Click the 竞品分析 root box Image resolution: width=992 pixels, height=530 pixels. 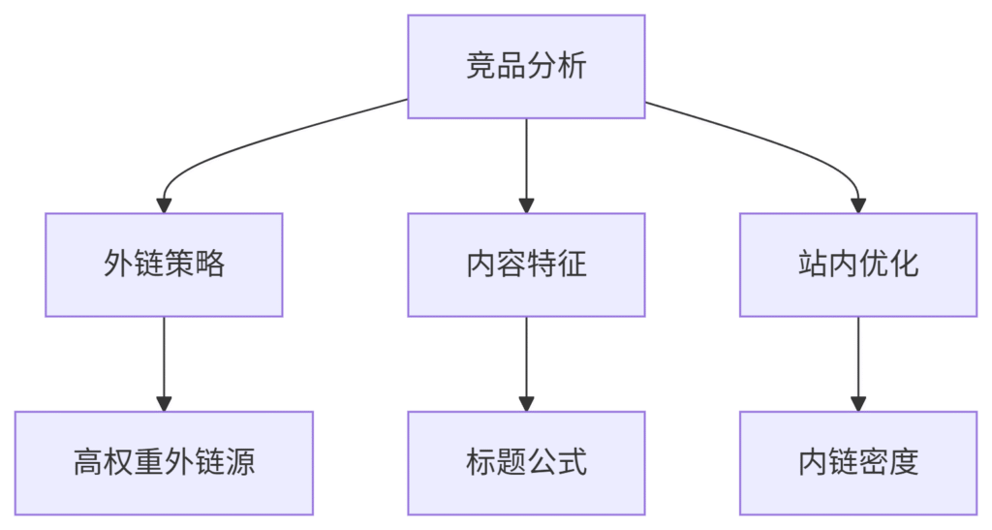pyautogui.click(x=526, y=67)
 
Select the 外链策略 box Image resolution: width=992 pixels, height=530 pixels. pyautogui.click(x=164, y=265)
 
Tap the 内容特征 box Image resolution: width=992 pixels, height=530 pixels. pyautogui.click(x=526, y=265)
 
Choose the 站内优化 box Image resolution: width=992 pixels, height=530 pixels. pyautogui.click(x=858, y=265)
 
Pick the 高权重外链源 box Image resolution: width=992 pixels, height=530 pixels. pyautogui.click(x=164, y=463)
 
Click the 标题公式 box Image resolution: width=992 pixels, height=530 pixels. pyautogui.click(x=526, y=463)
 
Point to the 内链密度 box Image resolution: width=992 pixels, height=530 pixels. pyautogui.click(x=858, y=463)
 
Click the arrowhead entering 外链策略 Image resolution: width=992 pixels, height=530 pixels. pyautogui.click(x=164, y=205)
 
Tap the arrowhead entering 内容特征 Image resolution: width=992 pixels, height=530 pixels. pyautogui.click(x=526, y=205)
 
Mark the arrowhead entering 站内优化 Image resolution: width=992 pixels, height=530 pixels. pyautogui.click(x=858, y=205)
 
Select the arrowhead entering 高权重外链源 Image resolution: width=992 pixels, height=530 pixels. pyautogui.click(x=164, y=404)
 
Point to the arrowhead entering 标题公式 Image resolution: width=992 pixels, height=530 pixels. pyautogui.click(x=526, y=404)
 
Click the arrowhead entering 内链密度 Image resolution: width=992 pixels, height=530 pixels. pyautogui.click(x=858, y=404)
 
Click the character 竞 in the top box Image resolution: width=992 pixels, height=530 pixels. pyautogui.click(x=480, y=66)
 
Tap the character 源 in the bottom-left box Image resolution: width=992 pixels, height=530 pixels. pyautogui.click(x=240, y=462)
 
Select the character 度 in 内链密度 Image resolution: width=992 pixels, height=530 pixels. pyautogui.click(x=904, y=462)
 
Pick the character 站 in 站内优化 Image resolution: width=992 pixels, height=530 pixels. pyautogui.click(x=813, y=264)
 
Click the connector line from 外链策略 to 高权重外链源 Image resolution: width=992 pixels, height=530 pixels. pyautogui.click(x=164, y=358)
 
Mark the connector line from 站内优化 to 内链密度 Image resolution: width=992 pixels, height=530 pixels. pyautogui.click(x=858, y=358)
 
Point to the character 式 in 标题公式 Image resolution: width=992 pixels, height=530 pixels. pyautogui.click(x=572, y=462)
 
